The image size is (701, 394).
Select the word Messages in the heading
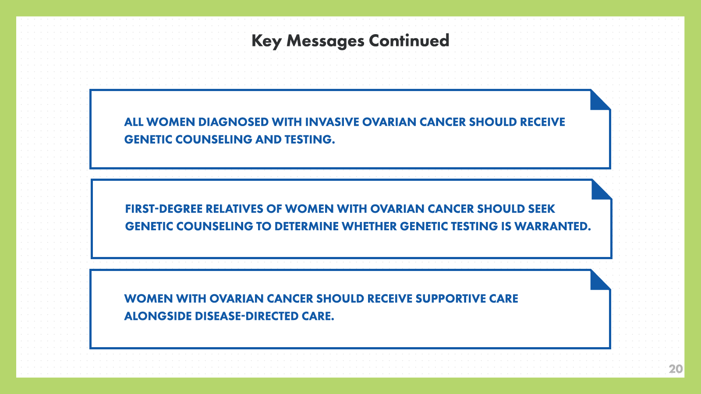coord(326,41)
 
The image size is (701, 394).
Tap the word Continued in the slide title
coord(409,41)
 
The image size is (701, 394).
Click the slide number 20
coord(676,369)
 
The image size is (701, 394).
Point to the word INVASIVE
coord(332,122)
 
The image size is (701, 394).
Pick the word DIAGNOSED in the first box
coord(233,122)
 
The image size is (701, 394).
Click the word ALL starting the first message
coord(134,122)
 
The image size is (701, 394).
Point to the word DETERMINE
coord(306,226)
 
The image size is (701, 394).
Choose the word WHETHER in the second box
coord(369,226)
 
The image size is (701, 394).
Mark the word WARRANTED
coord(552,226)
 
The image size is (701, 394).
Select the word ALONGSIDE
coord(158,316)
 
